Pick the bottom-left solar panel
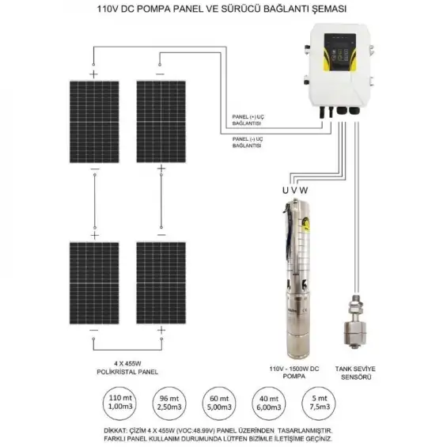(x=94, y=282)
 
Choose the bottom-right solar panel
(x=161, y=282)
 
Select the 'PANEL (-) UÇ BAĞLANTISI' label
(x=252, y=142)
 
